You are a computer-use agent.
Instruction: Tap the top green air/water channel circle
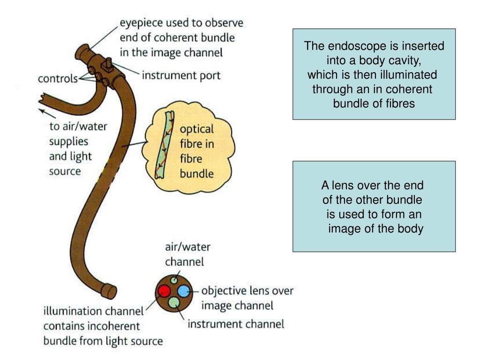(x=174, y=280)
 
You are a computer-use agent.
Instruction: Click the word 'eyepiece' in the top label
(x=140, y=22)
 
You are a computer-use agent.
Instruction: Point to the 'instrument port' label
(x=181, y=75)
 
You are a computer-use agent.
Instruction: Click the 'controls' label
(x=58, y=79)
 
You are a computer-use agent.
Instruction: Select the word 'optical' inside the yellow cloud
(x=197, y=129)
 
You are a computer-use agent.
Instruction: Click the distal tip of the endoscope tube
(x=110, y=291)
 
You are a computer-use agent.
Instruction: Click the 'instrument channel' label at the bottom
(x=236, y=324)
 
